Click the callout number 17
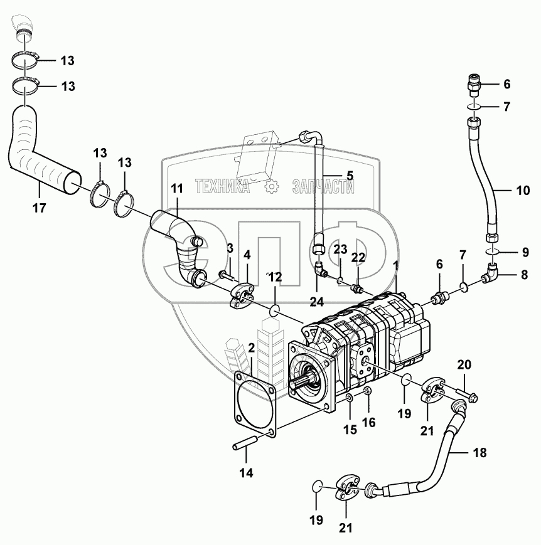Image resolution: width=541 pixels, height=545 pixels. point(39,208)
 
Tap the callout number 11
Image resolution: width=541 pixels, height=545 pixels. point(176,188)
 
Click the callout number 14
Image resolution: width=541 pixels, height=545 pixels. point(247,473)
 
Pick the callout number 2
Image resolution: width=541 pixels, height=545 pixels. point(250,347)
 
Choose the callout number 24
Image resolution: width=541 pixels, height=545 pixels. point(316,302)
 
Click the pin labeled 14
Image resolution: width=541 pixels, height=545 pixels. point(245,442)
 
